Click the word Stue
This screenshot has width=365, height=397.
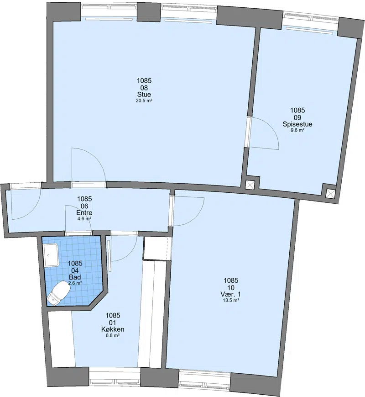coord(144,95)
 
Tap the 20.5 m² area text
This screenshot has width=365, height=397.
coord(144,100)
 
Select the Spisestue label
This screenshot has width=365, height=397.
coord(297,124)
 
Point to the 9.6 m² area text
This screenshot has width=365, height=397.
coord(297,130)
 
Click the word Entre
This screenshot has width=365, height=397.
coord(84,213)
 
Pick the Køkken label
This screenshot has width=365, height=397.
coord(113,329)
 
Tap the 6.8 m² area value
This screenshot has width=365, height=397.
coord(113,335)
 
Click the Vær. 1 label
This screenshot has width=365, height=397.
coord(230,294)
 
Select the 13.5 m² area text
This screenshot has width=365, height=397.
coord(230,300)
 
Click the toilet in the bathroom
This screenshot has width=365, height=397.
coord(58,292)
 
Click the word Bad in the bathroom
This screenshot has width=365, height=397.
coord(75,277)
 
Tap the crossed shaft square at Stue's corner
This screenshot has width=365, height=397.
coord(250,185)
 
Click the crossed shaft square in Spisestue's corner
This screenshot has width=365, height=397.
coord(330,194)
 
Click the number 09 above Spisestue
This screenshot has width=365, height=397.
coord(297,117)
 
